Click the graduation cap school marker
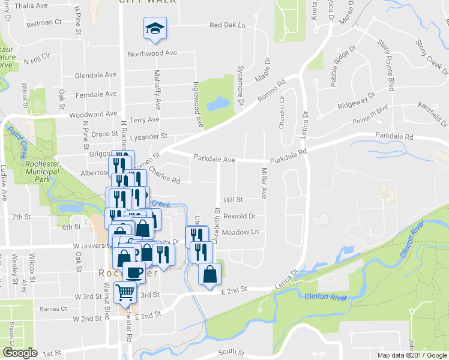pos(155,28)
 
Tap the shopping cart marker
pos(125,292)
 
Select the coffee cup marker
pos(134,272)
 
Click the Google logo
pos(20,353)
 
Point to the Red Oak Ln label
pos(228,26)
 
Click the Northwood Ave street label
pos(152,53)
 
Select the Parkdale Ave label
pos(214,160)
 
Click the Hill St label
pos(233,200)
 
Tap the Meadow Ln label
pos(240,232)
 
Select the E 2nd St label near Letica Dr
pos(234,290)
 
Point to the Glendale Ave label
pos(95,76)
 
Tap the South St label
pos(232,352)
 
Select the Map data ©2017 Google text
pos(412,355)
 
